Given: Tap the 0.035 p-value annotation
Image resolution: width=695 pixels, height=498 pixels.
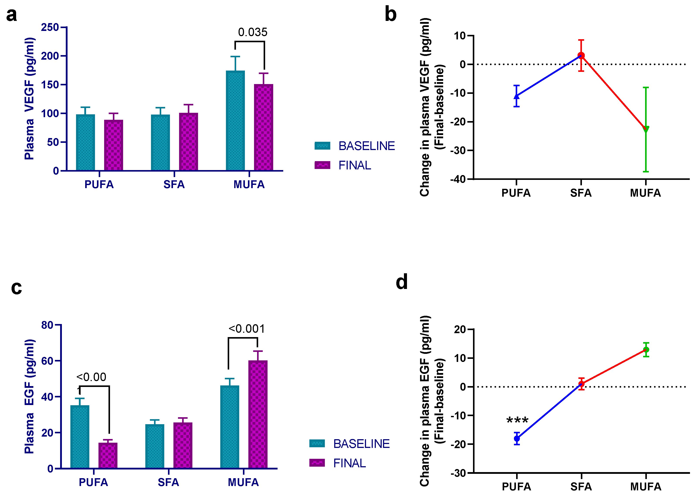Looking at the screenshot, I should (x=253, y=32).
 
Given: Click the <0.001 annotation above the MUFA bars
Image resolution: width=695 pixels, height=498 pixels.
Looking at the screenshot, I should (x=247, y=329).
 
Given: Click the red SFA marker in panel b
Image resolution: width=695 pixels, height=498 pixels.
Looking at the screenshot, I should (x=581, y=56).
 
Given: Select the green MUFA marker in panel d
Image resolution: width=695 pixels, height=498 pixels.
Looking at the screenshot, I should (x=646, y=349).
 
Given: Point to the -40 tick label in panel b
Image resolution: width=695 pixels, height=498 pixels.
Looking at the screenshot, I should (x=458, y=179).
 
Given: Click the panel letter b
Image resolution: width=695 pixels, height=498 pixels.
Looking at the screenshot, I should (x=390, y=14).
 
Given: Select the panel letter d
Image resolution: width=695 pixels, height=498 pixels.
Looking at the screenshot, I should (x=402, y=282).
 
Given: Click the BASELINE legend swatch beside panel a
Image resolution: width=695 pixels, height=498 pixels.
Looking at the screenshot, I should (x=322, y=146).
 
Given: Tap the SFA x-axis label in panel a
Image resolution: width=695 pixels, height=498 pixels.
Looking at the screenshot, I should (x=174, y=184).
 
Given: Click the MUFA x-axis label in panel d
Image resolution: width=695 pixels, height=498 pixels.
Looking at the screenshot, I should (x=646, y=486).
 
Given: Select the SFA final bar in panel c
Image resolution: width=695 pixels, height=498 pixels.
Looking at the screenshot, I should (x=183, y=445).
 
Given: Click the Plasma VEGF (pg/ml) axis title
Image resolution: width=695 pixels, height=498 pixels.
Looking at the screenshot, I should (x=29, y=99).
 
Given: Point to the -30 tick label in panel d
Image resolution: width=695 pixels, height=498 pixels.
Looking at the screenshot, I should (x=458, y=473).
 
